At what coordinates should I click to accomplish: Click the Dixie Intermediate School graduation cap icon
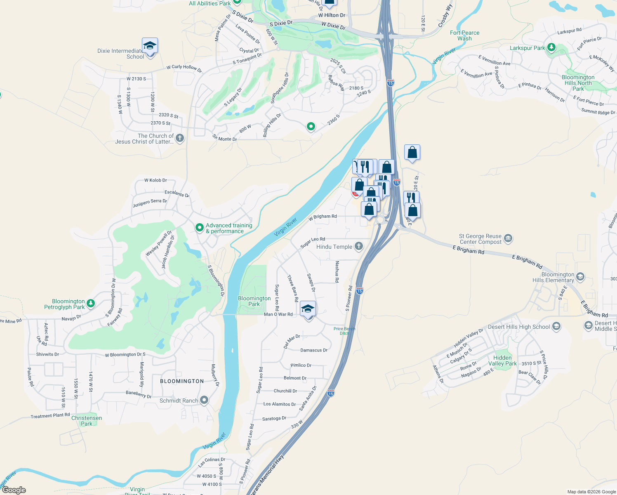point(150,45)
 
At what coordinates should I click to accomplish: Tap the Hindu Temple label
point(334,247)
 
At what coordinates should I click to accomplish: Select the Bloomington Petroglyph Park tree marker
point(91,304)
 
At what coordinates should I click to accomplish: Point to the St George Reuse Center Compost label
point(480,239)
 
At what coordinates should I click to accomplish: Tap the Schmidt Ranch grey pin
point(204,400)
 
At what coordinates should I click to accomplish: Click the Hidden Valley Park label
point(502,361)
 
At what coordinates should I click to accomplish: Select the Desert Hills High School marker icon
point(556,327)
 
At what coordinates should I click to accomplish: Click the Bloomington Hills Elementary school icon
point(580,276)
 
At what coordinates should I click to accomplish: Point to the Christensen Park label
point(87,421)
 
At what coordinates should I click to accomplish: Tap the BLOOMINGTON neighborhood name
point(182,381)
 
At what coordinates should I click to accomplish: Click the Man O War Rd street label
point(278,314)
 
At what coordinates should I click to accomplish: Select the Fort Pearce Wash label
point(464,35)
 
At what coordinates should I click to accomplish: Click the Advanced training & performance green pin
point(200,227)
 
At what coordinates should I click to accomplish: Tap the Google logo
point(14,490)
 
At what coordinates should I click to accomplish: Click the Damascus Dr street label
point(314,350)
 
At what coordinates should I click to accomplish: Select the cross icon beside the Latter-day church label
point(180,138)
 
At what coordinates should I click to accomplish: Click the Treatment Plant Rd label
point(50,416)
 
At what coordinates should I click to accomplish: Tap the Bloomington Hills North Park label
point(578,83)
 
